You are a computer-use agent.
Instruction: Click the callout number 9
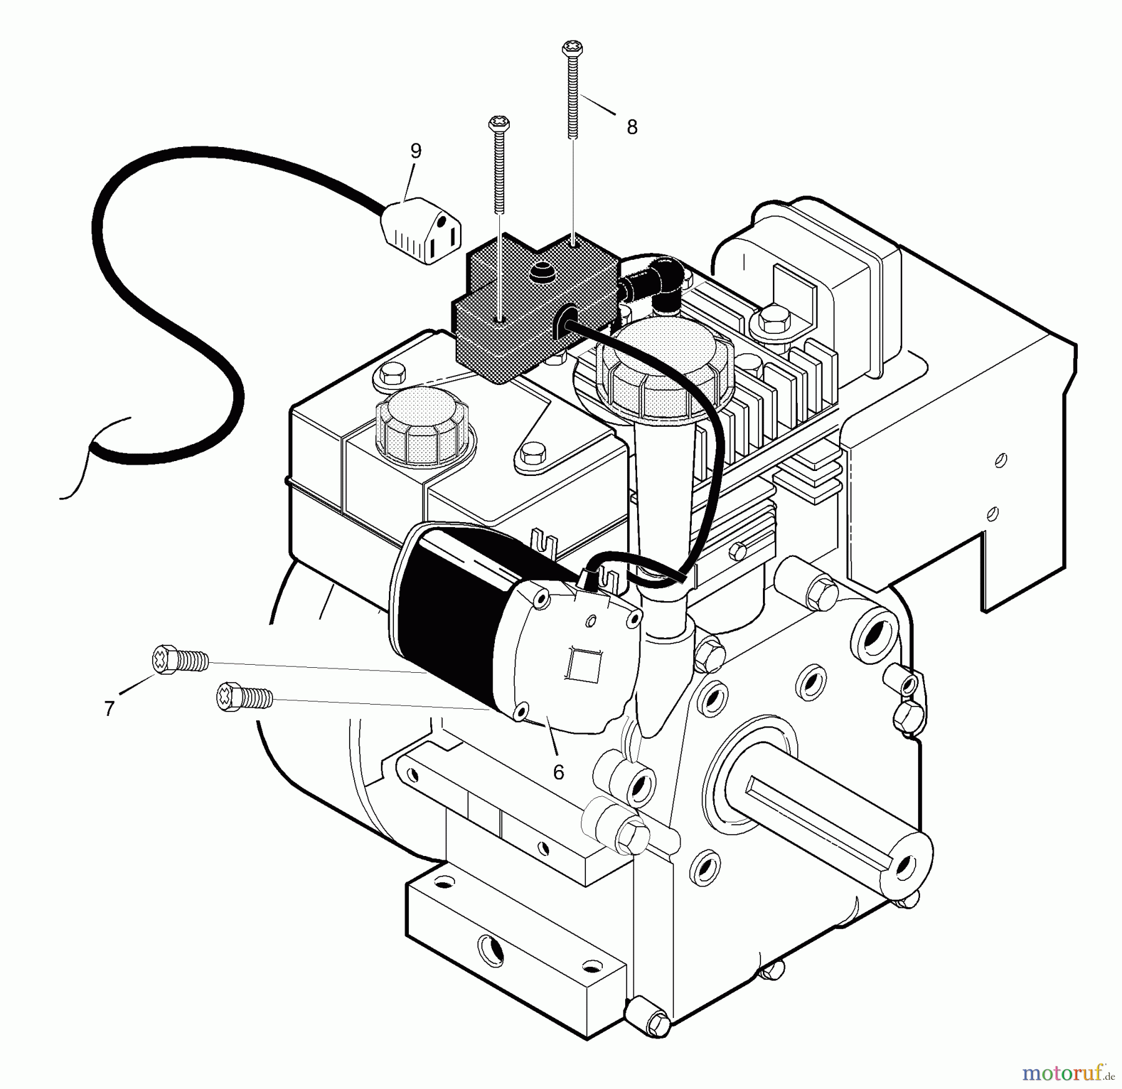[x=416, y=151]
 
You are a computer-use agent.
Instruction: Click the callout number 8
[x=632, y=128]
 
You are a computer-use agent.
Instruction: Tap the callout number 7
[x=110, y=708]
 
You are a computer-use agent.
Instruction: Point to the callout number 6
[x=559, y=773]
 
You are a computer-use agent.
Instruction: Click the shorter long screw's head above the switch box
[x=499, y=123]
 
